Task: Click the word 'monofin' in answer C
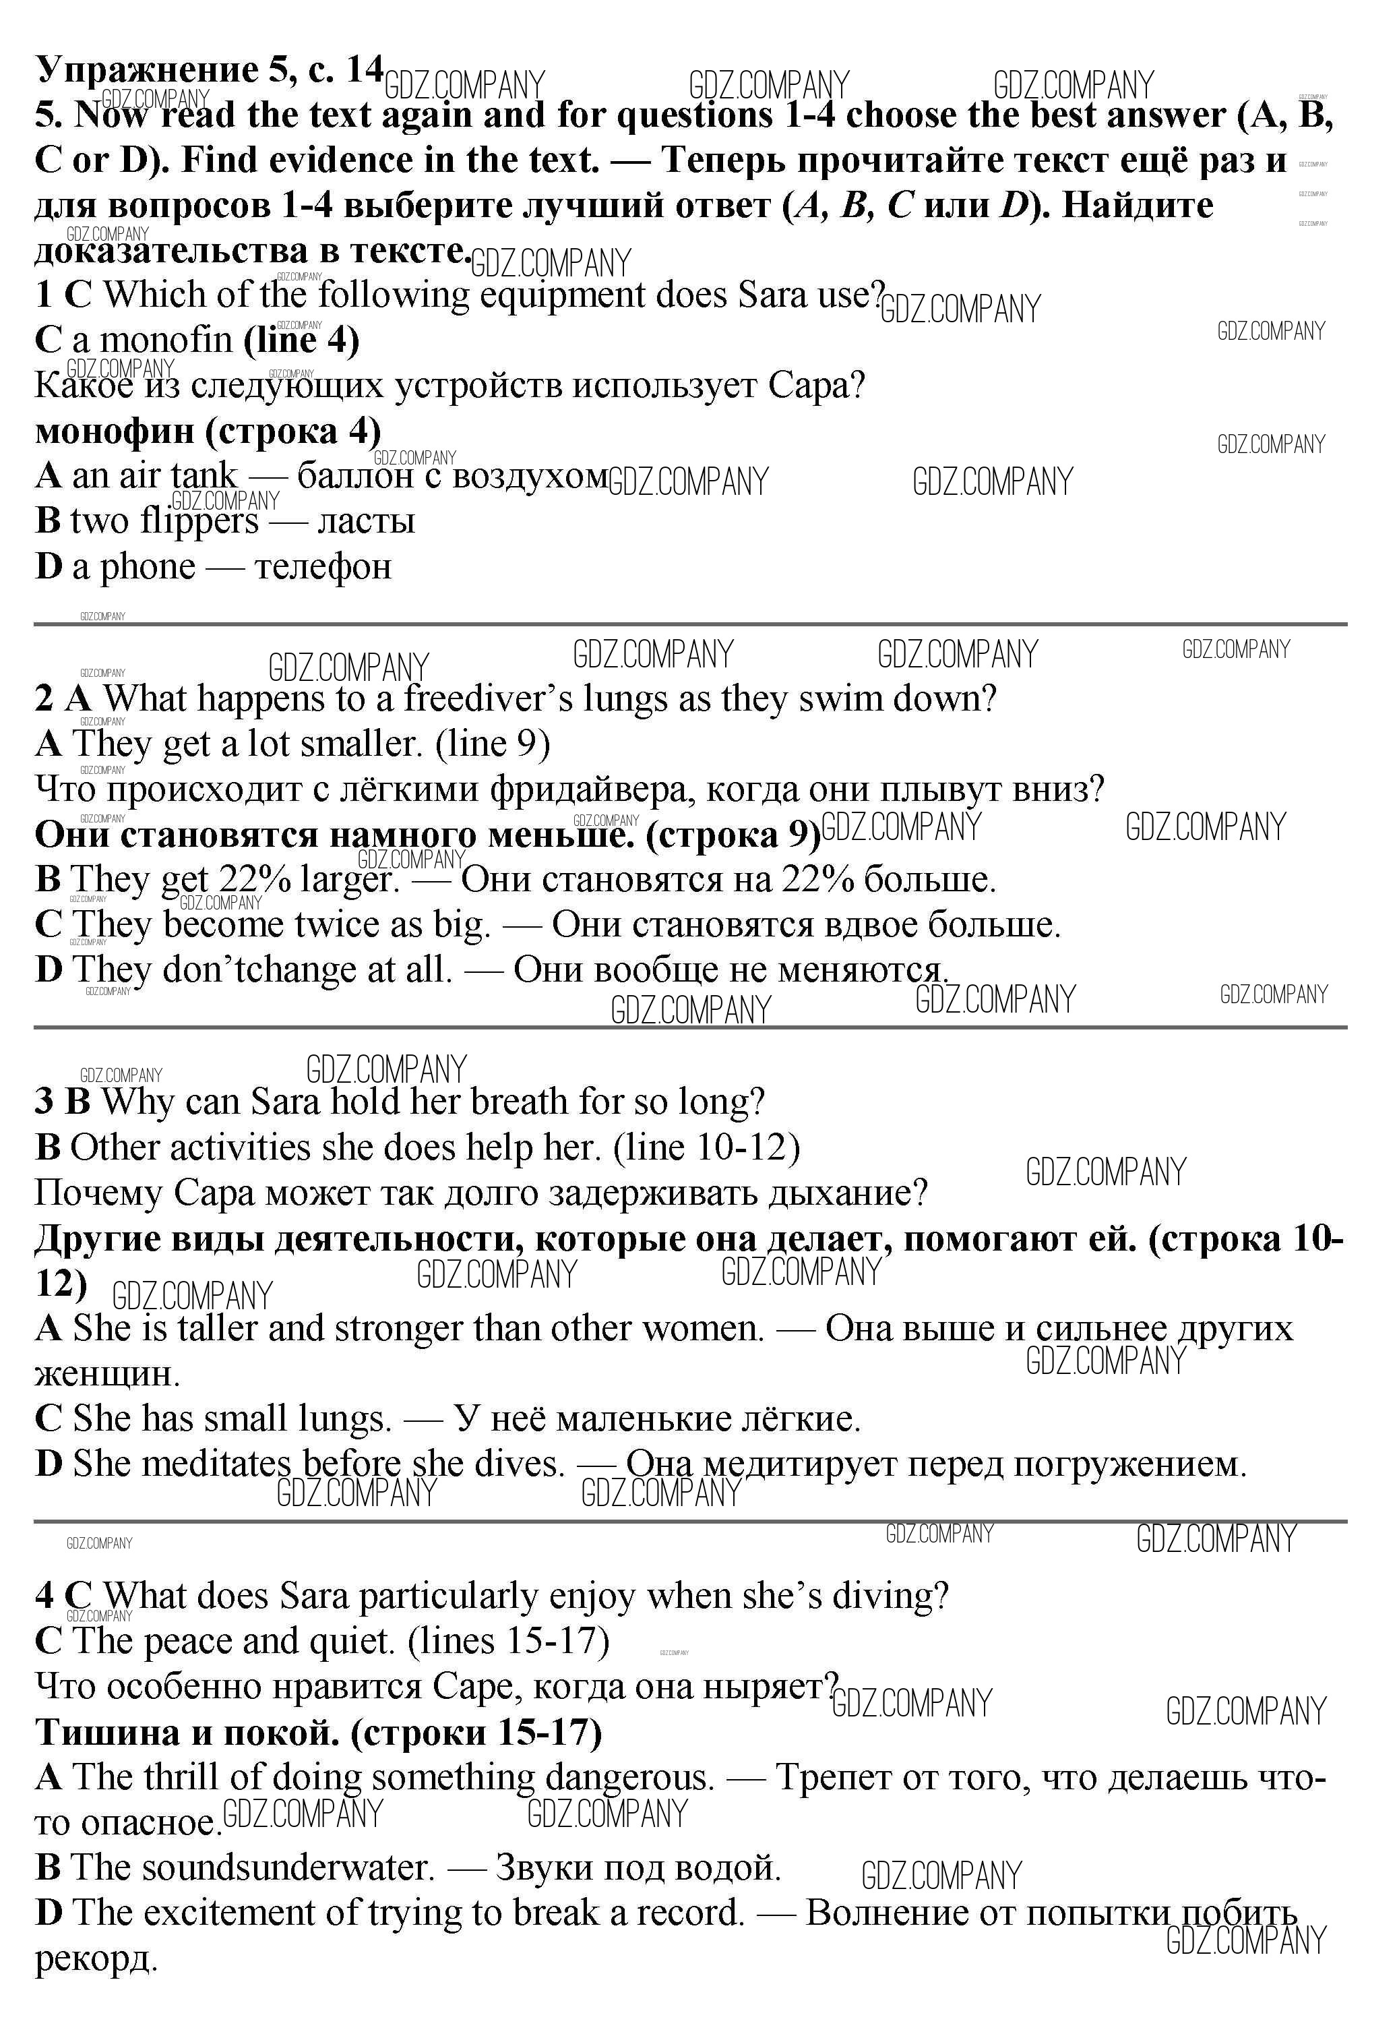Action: point(166,340)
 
